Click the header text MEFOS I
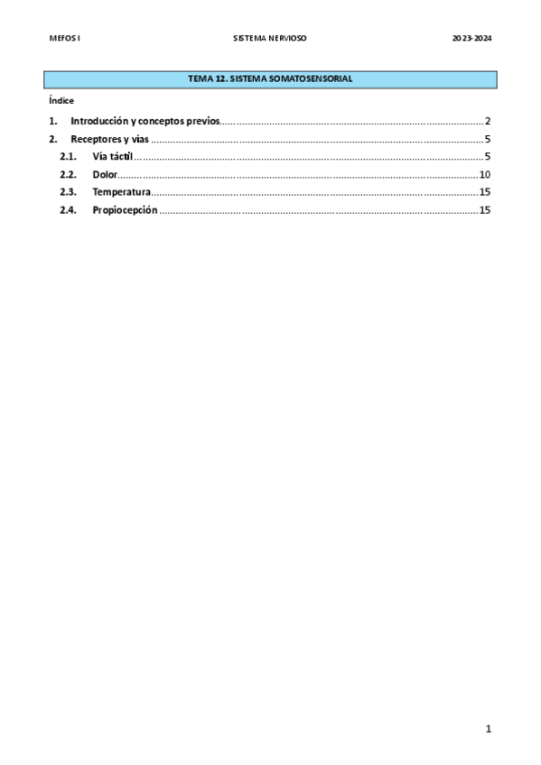(x=64, y=39)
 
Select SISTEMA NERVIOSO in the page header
(x=270, y=39)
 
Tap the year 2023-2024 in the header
(x=472, y=39)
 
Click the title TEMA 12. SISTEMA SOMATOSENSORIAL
(x=270, y=79)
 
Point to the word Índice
(x=61, y=101)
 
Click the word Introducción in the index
(x=99, y=121)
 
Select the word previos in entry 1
(x=202, y=121)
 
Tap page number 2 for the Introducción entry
(x=487, y=121)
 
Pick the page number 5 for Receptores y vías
(x=487, y=139)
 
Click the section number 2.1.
(x=68, y=157)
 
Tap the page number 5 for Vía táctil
(x=487, y=157)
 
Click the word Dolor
(x=105, y=174)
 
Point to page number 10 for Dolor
(x=485, y=174)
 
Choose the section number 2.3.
(x=68, y=192)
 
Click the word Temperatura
(x=121, y=192)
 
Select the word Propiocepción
(x=125, y=210)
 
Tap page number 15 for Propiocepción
(x=485, y=210)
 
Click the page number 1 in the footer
(x=488, y=729)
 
